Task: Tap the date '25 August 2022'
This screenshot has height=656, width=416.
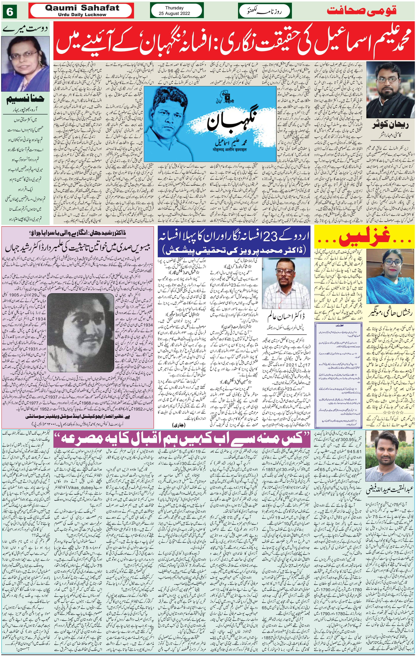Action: (x=174, y=13)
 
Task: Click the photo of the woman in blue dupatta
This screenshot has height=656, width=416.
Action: (x=390, y=276)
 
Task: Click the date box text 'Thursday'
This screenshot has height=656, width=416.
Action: (x=174, y=8)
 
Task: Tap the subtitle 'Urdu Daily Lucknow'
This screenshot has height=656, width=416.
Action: (x=82, y=15)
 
